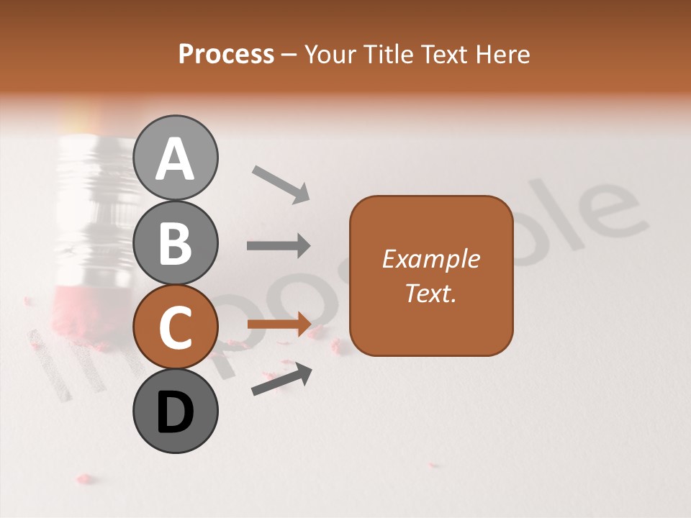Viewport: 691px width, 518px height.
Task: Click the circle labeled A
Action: point(176,158)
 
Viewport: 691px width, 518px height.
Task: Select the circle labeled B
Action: point(176,242)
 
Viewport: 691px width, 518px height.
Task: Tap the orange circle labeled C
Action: point(176,327)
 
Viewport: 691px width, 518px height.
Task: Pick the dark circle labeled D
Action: point(176,412)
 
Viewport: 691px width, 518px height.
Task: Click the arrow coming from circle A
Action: point(281,184)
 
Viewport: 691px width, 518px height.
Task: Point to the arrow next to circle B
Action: point(279,246)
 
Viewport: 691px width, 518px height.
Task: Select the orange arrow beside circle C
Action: point(279,324)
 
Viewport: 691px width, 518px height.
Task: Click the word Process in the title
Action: point(226,55)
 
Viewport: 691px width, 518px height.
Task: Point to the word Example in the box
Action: point(430,259)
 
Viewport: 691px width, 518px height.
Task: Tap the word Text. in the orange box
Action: point(430,293)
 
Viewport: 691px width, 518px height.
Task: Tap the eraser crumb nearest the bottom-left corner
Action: point(85,478)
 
